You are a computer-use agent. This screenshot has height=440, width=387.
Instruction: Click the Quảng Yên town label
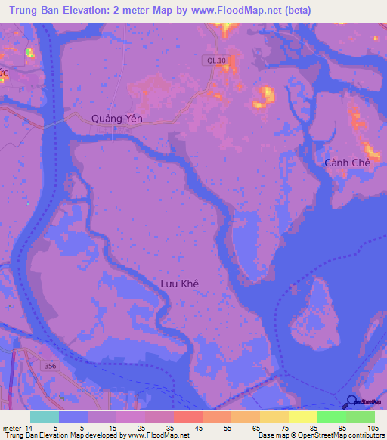[116, 118]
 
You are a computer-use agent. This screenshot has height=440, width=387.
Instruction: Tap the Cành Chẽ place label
[347, 163]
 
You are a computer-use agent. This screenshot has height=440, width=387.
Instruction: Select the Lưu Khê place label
[179, 284]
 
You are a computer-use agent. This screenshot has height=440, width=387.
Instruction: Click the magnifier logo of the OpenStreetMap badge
[351, 402]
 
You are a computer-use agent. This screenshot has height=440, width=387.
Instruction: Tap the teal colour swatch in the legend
[45, 417]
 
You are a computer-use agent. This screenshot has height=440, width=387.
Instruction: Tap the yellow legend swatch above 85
[302, 417]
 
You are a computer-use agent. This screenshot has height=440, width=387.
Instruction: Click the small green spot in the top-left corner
[29, 52]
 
